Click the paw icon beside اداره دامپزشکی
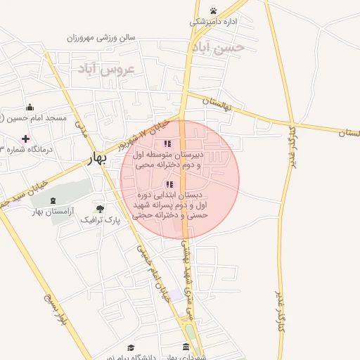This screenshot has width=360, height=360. click(x=213, y=11)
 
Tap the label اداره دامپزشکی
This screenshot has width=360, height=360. click(x=212, y=22)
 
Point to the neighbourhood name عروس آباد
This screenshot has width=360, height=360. click(x=106, y=69)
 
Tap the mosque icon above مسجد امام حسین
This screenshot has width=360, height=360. click(x=30, y=108)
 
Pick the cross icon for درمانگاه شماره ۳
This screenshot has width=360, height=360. click(x=26, y=139)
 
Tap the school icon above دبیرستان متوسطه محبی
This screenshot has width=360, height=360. click(x=167, y=143)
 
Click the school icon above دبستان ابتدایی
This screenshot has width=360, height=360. click(x=168, y=184)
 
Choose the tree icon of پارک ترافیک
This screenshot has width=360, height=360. click(x=100, y=209)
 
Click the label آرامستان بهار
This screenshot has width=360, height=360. click(x=54, y=211)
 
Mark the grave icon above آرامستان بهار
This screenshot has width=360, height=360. click(x=54, y=200)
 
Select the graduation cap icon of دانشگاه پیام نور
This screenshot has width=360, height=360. click(x=131, y=348)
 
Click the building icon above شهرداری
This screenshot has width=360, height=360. click(x=186, y=347)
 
